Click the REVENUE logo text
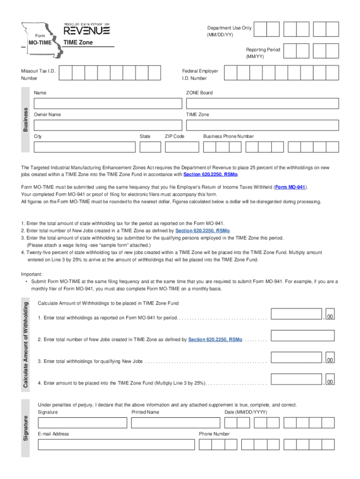pyautogui.click(x=86, y=31)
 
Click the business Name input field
pyautogui.click(x=107, y=103)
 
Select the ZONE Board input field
pyautogui.click(x=262, y=103)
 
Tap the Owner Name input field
pyautogui.click(x=107, y=125)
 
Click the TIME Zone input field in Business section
pyautogui.click(x=262, y=125)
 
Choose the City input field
pyautogui.click(x=84, y=147)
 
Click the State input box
pyautogui.click(x=150, y=147)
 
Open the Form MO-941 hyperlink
pyautogui.click(x=290, y=187)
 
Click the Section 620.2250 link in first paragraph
pyautogui.click(x=210, y=174)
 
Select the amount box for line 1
pyautogui.click(x=296, y=313)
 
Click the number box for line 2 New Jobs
pyautogui.click(x=303, y=335)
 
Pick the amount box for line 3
pyautogui.click(x=296, y=357)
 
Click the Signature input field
pyautogui.click(x=82, y=423)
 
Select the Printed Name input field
pyautogui.click(x=175, y=423)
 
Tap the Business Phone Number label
pyautogui.click(x=228, y=137)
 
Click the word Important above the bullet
pyautogui.click(x=32, y=275)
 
